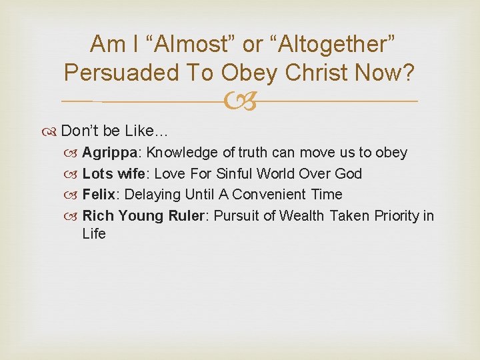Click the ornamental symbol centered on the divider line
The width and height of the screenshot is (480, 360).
[x=240, y=101]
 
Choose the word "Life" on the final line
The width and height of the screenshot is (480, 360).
[x=94, y=234]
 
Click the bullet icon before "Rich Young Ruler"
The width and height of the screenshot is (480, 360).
[x=73, y=216]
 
